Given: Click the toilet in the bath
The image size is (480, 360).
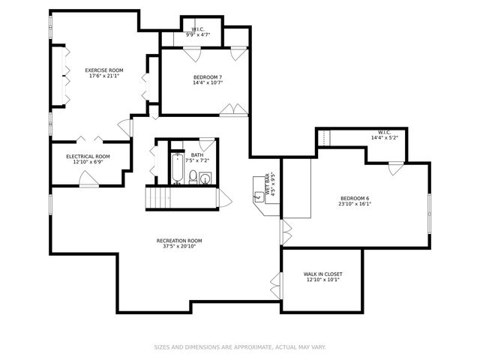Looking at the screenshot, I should point(193,178).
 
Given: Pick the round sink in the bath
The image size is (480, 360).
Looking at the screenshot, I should point(205,178).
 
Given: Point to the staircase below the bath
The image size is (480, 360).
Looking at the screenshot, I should point(159,199).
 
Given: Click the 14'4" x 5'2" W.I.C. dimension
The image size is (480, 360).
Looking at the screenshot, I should point(383,138).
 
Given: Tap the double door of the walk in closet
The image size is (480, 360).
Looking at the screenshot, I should point(276,284).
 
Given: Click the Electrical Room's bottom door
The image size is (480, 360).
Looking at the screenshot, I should point(88,180).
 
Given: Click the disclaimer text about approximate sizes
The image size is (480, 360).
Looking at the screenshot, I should point(239,347).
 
